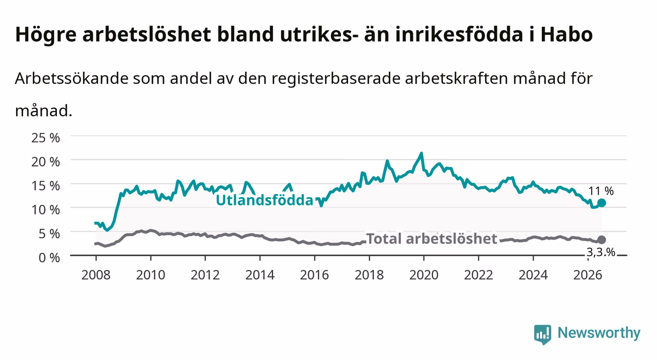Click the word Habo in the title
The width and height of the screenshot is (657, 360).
567,34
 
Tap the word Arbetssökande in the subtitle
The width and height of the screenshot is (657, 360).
72,78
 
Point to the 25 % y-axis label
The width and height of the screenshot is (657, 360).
46,138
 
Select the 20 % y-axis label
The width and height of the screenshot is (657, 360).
46,162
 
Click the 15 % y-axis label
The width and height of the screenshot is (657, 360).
46,186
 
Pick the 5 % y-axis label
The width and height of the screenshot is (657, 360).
49,234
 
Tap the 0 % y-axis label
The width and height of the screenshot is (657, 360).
49,258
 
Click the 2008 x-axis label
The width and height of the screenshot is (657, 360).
96,275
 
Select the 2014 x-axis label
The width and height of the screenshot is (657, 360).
260,275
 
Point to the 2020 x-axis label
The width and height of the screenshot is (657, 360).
424,275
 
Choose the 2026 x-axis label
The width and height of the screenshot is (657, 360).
588,275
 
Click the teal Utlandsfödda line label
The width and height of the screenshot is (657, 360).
265,201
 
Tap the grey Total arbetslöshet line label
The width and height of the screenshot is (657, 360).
432,238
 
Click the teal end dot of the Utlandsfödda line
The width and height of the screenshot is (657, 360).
602,203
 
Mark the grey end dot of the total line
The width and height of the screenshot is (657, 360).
602,240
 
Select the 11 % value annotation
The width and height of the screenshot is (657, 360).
601,191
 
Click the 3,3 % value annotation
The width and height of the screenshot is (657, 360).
601,252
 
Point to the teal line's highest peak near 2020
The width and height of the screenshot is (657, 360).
422,153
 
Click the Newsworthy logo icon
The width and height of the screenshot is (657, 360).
543,334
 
